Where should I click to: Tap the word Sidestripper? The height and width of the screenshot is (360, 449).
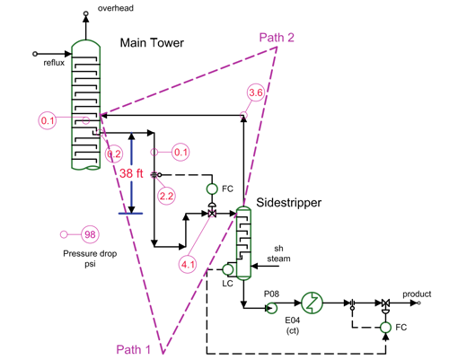coord(289,203)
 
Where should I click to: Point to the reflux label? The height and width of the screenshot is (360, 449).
coord(55,63)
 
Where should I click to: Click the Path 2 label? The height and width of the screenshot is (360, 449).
coord(277,37)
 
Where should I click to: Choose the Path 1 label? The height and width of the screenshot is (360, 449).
coord(135,349)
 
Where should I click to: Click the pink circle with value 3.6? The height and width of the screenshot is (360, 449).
coord(255,92)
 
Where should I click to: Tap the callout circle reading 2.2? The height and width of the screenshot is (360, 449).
coord(166,195)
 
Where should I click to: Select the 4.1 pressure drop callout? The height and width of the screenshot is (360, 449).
coord(188,264)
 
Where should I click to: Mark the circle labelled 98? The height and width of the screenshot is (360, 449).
coord(90,234)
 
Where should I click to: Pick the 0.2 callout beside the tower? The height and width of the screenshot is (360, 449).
coord(115,154)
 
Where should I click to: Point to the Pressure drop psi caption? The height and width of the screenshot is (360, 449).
coord(90,259)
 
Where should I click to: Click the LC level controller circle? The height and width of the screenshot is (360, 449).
coord(228,268)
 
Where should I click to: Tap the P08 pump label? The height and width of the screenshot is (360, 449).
coord(272,293)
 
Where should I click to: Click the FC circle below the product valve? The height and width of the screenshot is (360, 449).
coord(386,329)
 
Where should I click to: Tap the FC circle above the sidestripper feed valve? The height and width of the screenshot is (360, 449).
coord(212,189)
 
